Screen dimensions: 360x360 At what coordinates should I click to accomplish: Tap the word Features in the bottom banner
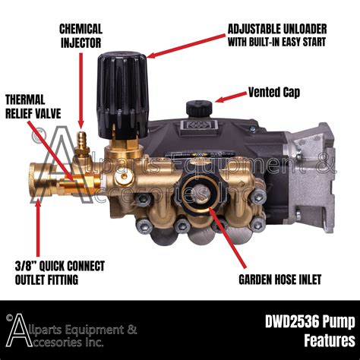tap(320, 339)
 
